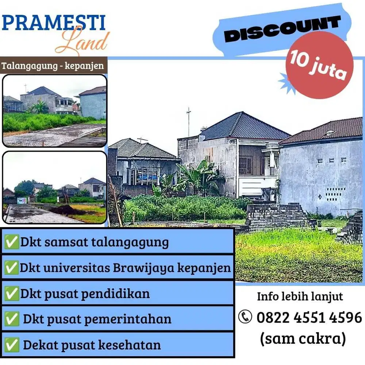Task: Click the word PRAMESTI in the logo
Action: tap(54, 23)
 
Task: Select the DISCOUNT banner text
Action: tap(283, 29)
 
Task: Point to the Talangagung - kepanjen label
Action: tap(53, 66)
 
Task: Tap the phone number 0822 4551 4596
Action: tap(309, 317)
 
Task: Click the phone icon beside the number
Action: tap(245, 317)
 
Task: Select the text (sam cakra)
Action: tap(303, 339)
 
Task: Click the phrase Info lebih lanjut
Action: tap(300, 296)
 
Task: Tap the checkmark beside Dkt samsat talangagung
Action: tap(11, 242)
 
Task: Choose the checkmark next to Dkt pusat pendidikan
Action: tap(11, 294)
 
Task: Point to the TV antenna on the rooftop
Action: tap(188, 120)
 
